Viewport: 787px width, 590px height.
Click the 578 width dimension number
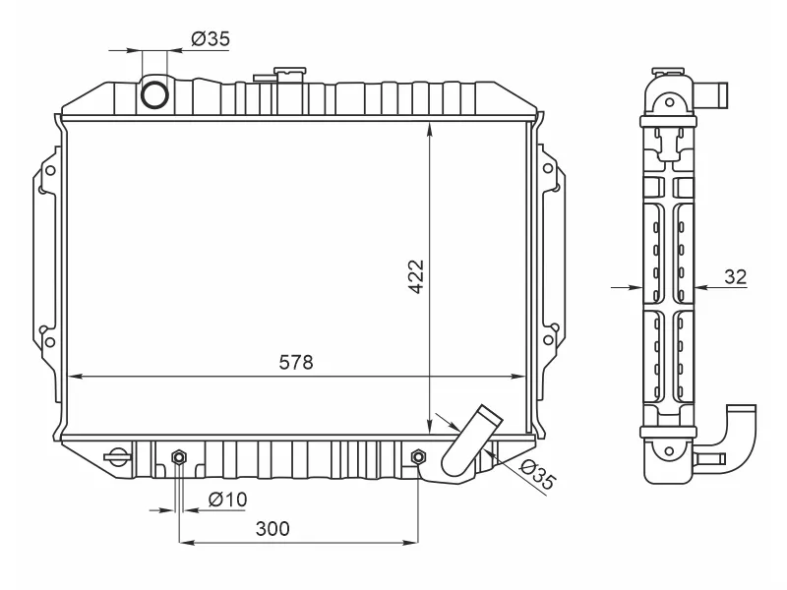[295, 362]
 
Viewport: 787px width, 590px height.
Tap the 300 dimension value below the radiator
[272, 528]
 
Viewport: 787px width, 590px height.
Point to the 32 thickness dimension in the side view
[735, 276]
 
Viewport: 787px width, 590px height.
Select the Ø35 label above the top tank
[210, 39]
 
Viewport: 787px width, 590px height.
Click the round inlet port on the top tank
[155, 94]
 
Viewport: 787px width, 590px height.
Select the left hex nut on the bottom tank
[179, 457]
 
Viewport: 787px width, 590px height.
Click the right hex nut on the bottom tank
[419, 457]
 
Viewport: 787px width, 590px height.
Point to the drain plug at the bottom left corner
[117, 457]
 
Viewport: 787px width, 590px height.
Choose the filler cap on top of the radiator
[289, 75]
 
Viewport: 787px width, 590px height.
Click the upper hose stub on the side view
[716, 95]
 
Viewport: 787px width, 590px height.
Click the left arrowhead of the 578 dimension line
[71, 376]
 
